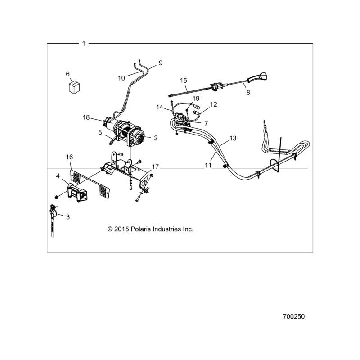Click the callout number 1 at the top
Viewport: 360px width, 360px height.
pos(84,43)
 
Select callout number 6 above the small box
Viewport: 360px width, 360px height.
pos(68,74)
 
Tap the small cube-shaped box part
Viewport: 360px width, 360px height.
pos(74,86)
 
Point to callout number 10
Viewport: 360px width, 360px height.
pos(121,78)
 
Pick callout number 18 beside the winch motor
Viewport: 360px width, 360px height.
pos(86,117)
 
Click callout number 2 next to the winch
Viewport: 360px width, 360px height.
pos(156,138)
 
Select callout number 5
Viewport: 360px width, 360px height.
pos(101,132)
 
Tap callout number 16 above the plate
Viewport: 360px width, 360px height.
pos(69,157)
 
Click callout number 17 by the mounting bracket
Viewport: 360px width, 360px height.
pos(155,167)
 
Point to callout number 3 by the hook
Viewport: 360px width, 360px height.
pos(68,217)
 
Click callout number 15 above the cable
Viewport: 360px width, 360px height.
pos(183,81)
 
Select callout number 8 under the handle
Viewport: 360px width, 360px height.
pos(247,92)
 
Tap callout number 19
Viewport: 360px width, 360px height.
pos(196,98)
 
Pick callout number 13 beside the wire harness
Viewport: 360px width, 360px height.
pos(233,138)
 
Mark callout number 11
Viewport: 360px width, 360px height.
pos(208,166)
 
